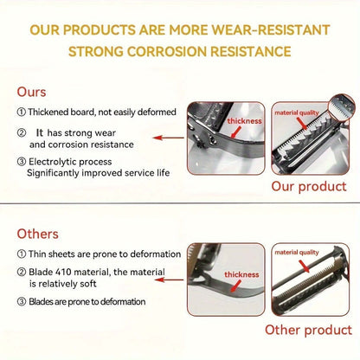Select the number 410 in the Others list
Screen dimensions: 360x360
pyautogui.click(x=68, y=273)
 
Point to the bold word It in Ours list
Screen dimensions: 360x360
pyautogui.click(x=41, y=132)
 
